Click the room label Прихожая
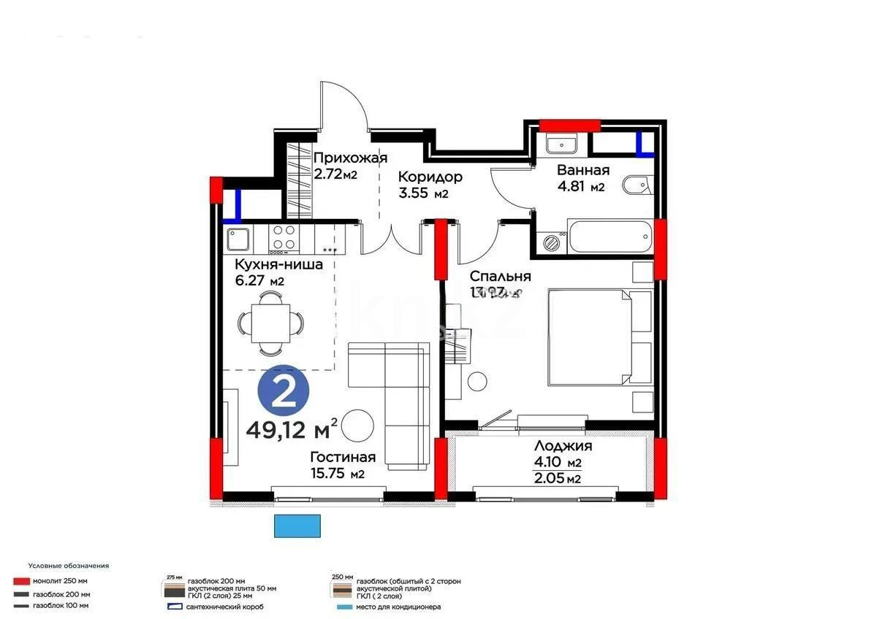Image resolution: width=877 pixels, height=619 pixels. tap(349, 158)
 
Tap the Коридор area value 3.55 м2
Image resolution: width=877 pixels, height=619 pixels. tap(423, 193)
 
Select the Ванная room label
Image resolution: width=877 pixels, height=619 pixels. tap(582, 170)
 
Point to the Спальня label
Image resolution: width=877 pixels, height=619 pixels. tap(500, 277)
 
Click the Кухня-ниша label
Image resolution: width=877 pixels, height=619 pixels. tap(278, 264)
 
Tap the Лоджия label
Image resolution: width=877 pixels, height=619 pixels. tap(563, 446)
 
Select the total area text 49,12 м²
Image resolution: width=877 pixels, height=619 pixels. tap(292, 428)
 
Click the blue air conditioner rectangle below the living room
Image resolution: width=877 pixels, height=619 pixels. tap(297, 526)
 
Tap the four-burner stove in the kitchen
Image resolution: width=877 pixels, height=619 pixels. tap(284, 237)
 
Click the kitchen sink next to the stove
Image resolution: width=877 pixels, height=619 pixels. tap(238, 238)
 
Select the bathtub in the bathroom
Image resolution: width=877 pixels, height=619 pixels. tap(610, 237)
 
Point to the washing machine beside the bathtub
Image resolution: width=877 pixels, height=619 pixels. tap(552, 241)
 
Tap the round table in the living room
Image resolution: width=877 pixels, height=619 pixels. tap(358, 426)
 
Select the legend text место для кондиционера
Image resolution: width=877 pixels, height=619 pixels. tap(398, 607)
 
